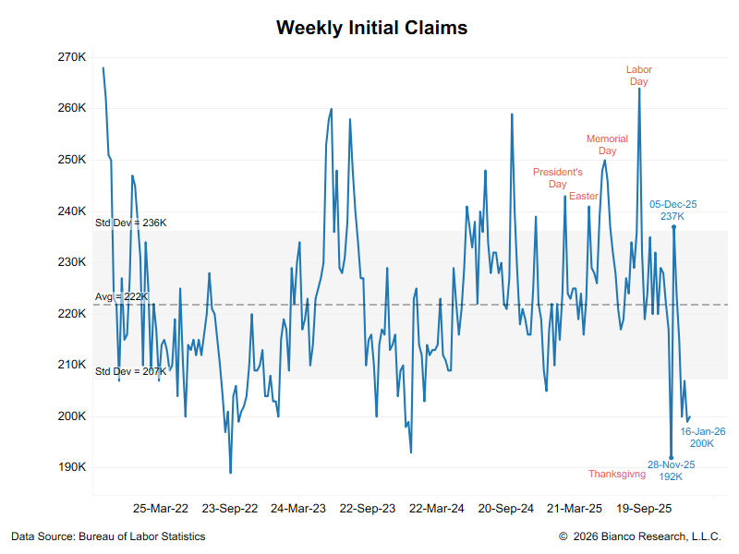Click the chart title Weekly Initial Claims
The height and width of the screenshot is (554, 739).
click(x=371, y=28)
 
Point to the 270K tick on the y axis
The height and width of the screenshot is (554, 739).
click(x=72, y=57)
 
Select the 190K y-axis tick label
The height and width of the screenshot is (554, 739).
click(x=72, y=467)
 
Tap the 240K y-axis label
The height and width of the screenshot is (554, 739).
click(x=72, y=211)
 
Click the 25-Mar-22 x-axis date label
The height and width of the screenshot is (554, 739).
click(x=161, y=508)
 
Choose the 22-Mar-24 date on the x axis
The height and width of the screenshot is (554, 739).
click(x=436, y=508)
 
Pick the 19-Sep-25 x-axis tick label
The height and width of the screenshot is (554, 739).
click(x=644, y=508)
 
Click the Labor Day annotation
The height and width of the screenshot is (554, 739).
click(x=638, y=76)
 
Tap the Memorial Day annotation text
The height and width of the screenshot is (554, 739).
click(x=607, y=145)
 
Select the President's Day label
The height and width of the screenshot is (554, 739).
click(x=558, y=177)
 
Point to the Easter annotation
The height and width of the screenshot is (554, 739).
click(x=584, y=196)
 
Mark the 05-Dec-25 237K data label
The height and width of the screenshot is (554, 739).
click(x=672, y=210)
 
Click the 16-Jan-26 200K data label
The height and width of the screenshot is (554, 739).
click(x=703, y=438)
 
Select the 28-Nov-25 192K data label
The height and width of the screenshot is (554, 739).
click(x=671, y=471)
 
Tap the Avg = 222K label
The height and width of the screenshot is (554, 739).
click(x=121, y=296)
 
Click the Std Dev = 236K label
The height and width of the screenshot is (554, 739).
click(x=130, y=223)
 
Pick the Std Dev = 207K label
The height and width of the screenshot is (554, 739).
click(x=130, y=371)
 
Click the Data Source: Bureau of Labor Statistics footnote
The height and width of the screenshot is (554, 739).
click(x=108, y=536)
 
